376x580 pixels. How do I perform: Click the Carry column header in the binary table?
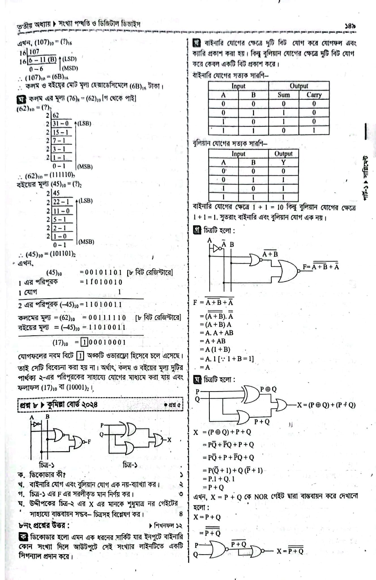(314, 95)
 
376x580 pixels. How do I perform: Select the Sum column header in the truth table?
(283, 95)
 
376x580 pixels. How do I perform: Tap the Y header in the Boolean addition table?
(283, 162)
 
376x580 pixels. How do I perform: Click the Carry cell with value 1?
(314, 130)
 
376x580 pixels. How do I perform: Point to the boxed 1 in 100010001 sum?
(84, 342)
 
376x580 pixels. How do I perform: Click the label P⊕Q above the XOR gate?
(268, 389)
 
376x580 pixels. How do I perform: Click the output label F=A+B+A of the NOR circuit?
(321, 267)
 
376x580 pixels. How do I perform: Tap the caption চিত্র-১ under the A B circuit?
(47, 464)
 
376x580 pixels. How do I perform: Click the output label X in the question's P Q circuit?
(169, 440)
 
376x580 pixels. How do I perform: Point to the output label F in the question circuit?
(89, 442)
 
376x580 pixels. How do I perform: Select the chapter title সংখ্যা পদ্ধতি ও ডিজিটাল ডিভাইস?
(99, 25)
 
